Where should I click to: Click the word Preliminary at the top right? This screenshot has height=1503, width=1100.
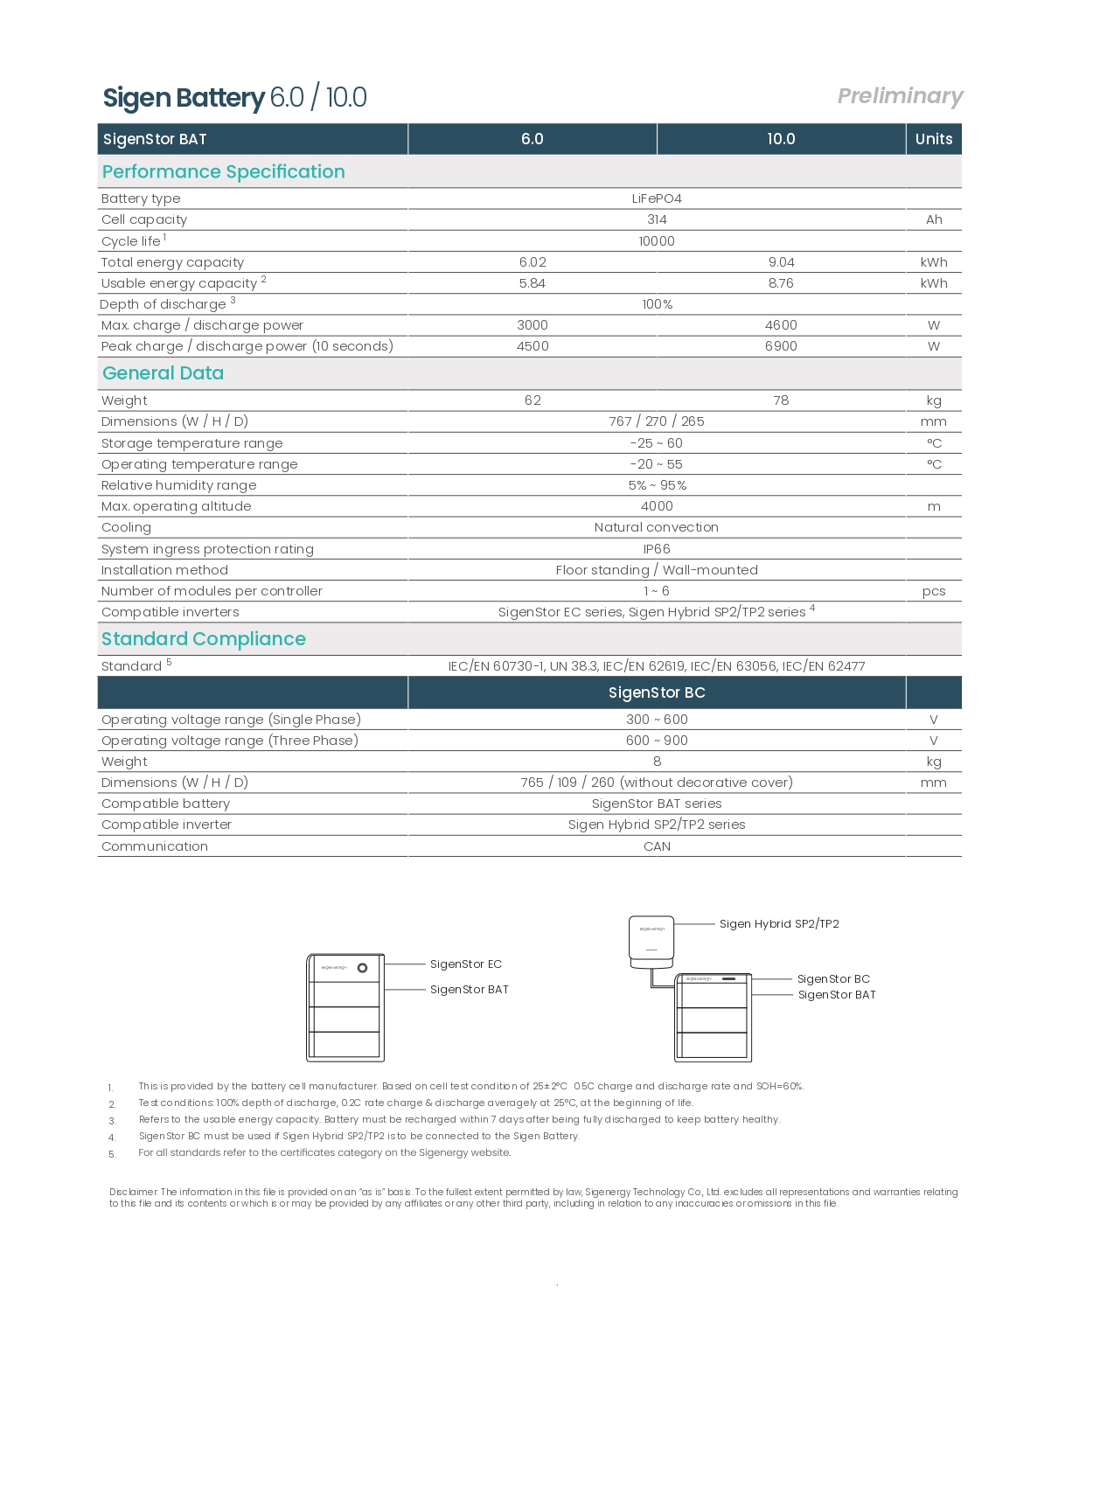point(900,96)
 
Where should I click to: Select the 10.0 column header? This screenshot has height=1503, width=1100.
point(781,139)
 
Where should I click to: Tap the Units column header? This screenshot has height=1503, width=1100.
point(933,139)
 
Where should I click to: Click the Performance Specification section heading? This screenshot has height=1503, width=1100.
point(223,172)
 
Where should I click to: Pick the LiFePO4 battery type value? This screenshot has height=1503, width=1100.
point(657,198)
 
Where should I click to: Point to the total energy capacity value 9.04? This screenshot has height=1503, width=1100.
point(781,262)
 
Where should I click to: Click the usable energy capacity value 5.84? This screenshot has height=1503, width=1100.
point(532,283)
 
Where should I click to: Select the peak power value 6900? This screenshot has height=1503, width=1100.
point(781,346)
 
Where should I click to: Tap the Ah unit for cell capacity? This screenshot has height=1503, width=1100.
point(934,219)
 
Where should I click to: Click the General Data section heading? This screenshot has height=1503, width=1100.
point(163,373)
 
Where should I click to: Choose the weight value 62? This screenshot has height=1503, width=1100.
point(532,400)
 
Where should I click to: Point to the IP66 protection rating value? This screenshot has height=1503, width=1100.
point(657,549)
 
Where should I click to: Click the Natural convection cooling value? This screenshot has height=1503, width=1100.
point(657,527)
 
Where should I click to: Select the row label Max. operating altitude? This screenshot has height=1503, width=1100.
point(176,506)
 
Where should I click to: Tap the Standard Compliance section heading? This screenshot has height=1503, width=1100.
point(203,639)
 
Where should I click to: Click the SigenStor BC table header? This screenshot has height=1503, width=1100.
point(657,692)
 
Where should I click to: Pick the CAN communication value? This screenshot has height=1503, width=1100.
point(657,846)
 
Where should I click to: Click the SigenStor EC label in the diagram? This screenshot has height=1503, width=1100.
point(465,964)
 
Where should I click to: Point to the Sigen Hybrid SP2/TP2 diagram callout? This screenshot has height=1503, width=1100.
point(778,924)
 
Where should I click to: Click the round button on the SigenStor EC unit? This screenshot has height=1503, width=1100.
point(362,968)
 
